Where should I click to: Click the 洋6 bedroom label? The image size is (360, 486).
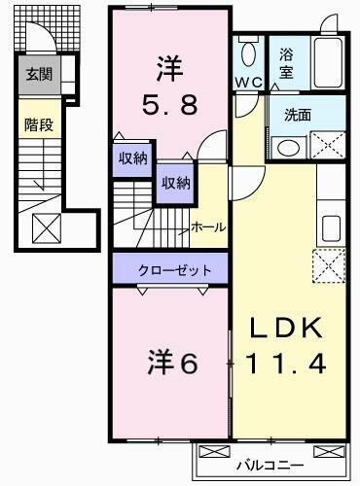tap(173, 364)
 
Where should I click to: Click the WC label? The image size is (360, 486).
tap(247, 84)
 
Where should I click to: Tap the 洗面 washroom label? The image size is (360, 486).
tap(298, 114)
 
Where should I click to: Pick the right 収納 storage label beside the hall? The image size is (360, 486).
tap(175, 183)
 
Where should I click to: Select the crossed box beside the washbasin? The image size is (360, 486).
tap(326, 146)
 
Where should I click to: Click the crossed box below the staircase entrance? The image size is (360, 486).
tap(47, 228)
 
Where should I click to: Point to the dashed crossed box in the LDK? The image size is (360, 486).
tap(327, 262)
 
